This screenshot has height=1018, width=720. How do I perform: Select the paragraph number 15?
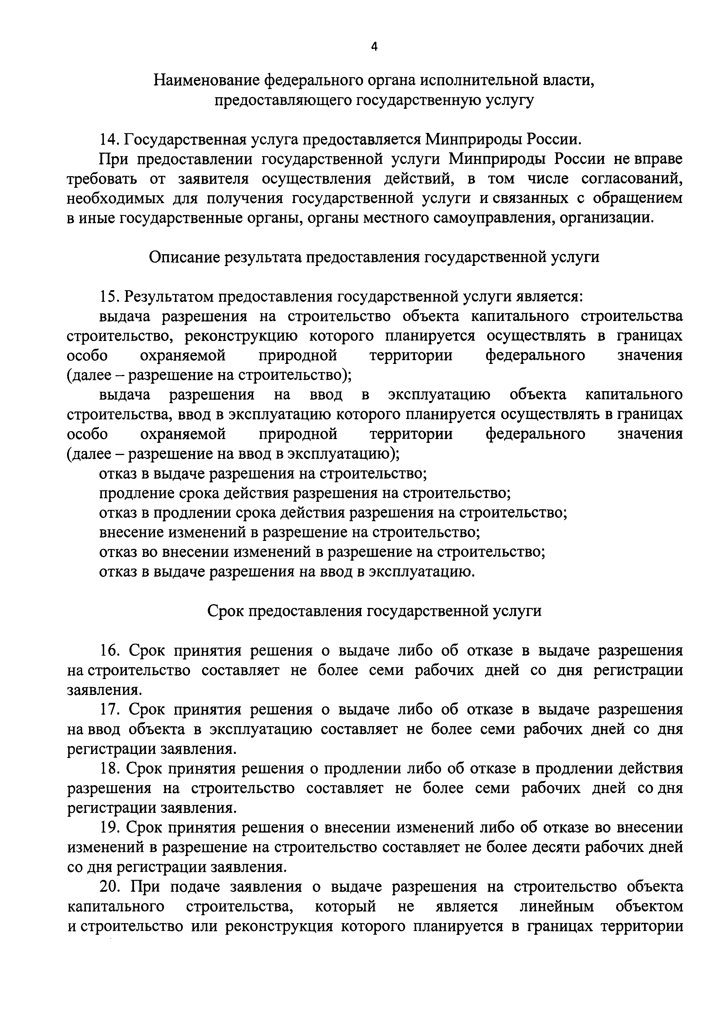tap(109, 297)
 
